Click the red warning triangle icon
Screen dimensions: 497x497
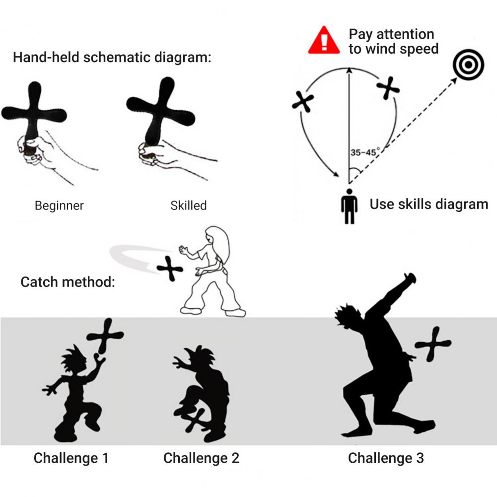pyautogui.click(x=324, y=42)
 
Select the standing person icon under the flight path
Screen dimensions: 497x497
pyautogui.click(x=349, y=206)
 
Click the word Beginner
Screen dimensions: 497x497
pyautogui.click(x=59, y=206)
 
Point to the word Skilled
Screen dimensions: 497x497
pyautogui.click(x=188, y=206)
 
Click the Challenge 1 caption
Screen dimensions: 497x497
pyautogui.click(x=71, y=458)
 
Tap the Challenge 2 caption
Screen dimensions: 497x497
pyautogui.click(x=201, y=458)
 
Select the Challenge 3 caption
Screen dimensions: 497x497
pyautogui.click(x=386, y=458)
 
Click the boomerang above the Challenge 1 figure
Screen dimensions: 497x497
pyautogui.click(x=105, y=337)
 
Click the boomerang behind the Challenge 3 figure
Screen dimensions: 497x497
pyautogui.click(x=432, y=344)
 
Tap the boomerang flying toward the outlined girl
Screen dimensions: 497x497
pyautogui.click(x=170, y=269)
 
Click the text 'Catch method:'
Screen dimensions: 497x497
pyautogui.click(x=68, y=283)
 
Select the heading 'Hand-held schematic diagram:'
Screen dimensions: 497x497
pyautogui.click(x=112, y=57)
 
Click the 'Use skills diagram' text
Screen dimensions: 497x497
pyautogui.click(x=428, y=204)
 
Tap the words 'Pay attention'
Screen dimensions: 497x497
pyautogui.click(x=391, y=34)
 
